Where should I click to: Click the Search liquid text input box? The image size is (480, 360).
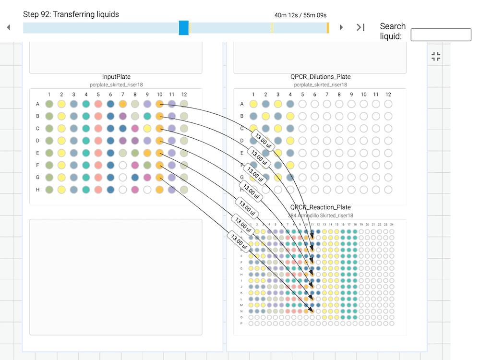(441, 35)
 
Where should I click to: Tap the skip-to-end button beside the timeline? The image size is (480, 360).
(360, 27)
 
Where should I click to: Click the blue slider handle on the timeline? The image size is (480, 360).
(183, 27)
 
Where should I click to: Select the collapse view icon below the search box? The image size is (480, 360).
(436, 57)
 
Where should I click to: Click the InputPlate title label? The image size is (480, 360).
(116, 77)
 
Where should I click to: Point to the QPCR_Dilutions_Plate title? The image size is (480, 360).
(320, 77)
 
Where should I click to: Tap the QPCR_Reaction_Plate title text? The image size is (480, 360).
(320, 207)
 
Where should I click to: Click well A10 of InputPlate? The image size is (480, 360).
(159, 104)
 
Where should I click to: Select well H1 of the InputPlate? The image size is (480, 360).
(49, 190)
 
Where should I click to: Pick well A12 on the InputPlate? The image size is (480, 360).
(184, 104)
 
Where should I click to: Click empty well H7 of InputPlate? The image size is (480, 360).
(122, 190)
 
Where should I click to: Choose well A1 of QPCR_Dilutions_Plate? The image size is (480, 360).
(253, 104)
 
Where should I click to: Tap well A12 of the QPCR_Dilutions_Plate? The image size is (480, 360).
(388, 104)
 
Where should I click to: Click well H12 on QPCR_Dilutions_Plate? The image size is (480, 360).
(388, 190)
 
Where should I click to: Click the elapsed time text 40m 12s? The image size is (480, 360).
(287, 15)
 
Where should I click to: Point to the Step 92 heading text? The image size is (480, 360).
(71, 14)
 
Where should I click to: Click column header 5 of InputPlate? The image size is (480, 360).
(98, 95)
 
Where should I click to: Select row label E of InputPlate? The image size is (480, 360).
(38, 153)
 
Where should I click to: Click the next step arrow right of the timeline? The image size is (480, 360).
(341, 27)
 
